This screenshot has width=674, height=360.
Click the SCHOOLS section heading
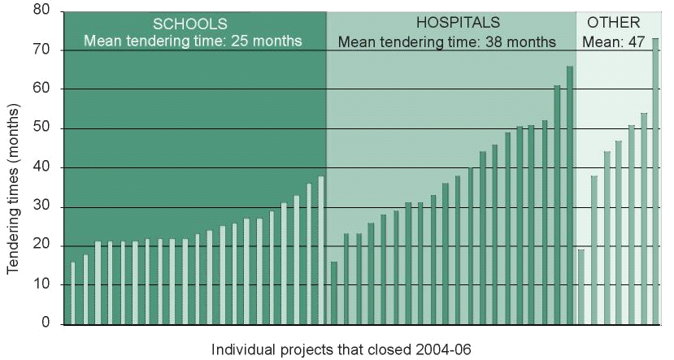coord(190,23)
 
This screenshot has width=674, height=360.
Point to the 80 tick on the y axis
coord(41,11)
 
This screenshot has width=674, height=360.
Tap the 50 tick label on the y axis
coord(41,128)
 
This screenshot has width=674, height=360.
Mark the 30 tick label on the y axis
coord(41,206)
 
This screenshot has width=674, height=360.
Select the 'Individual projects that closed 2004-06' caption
coord(341,349)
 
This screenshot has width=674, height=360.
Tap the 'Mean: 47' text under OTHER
coord(615,41)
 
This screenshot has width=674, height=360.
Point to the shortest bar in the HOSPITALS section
coord(334,293)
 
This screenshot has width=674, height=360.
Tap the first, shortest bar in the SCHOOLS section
coord(73,293)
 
